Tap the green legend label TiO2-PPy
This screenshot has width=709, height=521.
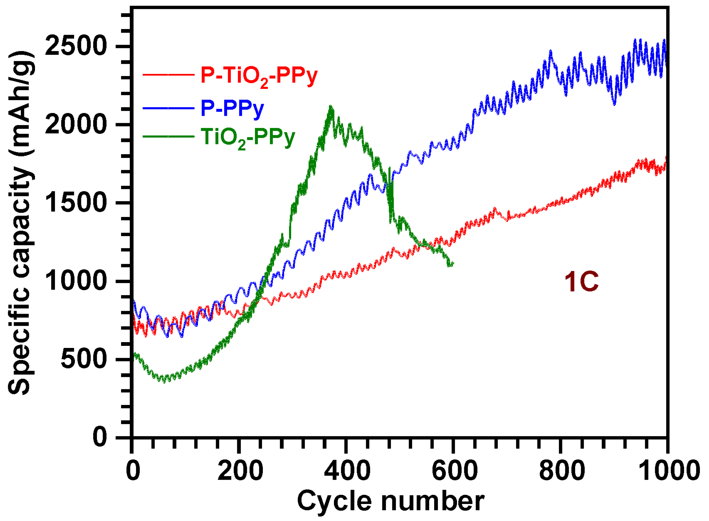point(248,138)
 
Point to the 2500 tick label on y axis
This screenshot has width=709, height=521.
point(75,46)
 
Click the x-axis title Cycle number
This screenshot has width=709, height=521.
point(391,501)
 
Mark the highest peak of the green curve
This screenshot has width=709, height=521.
point(330,107)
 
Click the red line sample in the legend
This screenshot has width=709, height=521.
point(168,75)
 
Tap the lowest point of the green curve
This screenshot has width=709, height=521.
point(164,382)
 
